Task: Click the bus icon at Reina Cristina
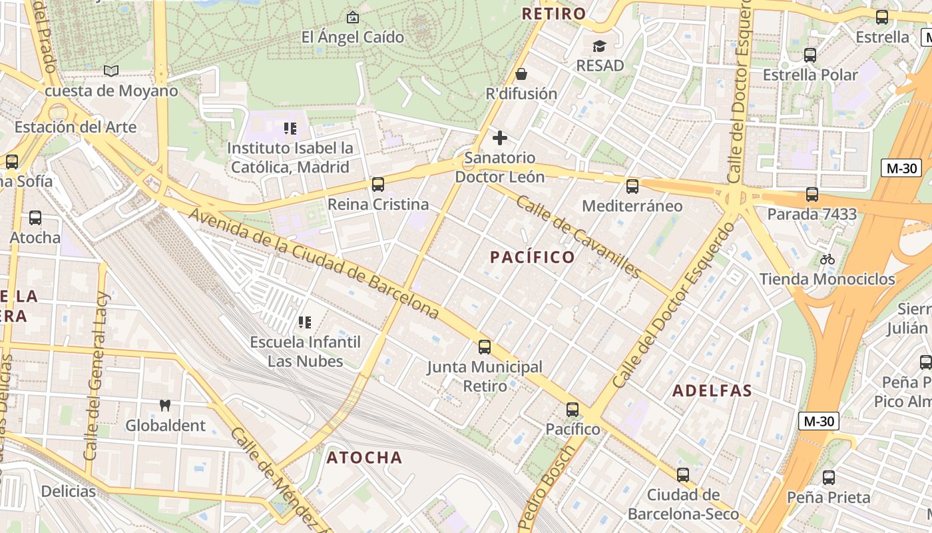378,185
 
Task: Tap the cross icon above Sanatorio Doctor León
499,138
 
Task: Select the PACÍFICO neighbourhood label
533,257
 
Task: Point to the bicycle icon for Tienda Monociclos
827,259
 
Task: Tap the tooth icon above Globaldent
165,405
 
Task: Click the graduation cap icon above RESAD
600,46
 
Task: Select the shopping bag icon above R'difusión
521,73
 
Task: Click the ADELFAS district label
712,391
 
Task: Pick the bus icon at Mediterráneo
632,187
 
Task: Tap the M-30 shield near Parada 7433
901,168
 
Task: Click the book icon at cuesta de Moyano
111,71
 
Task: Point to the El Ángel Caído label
352,37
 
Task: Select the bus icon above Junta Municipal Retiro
485,347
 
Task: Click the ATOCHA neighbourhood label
364,458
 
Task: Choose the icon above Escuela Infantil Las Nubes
305,323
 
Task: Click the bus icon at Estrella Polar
810,55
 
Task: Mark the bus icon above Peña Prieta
828,478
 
